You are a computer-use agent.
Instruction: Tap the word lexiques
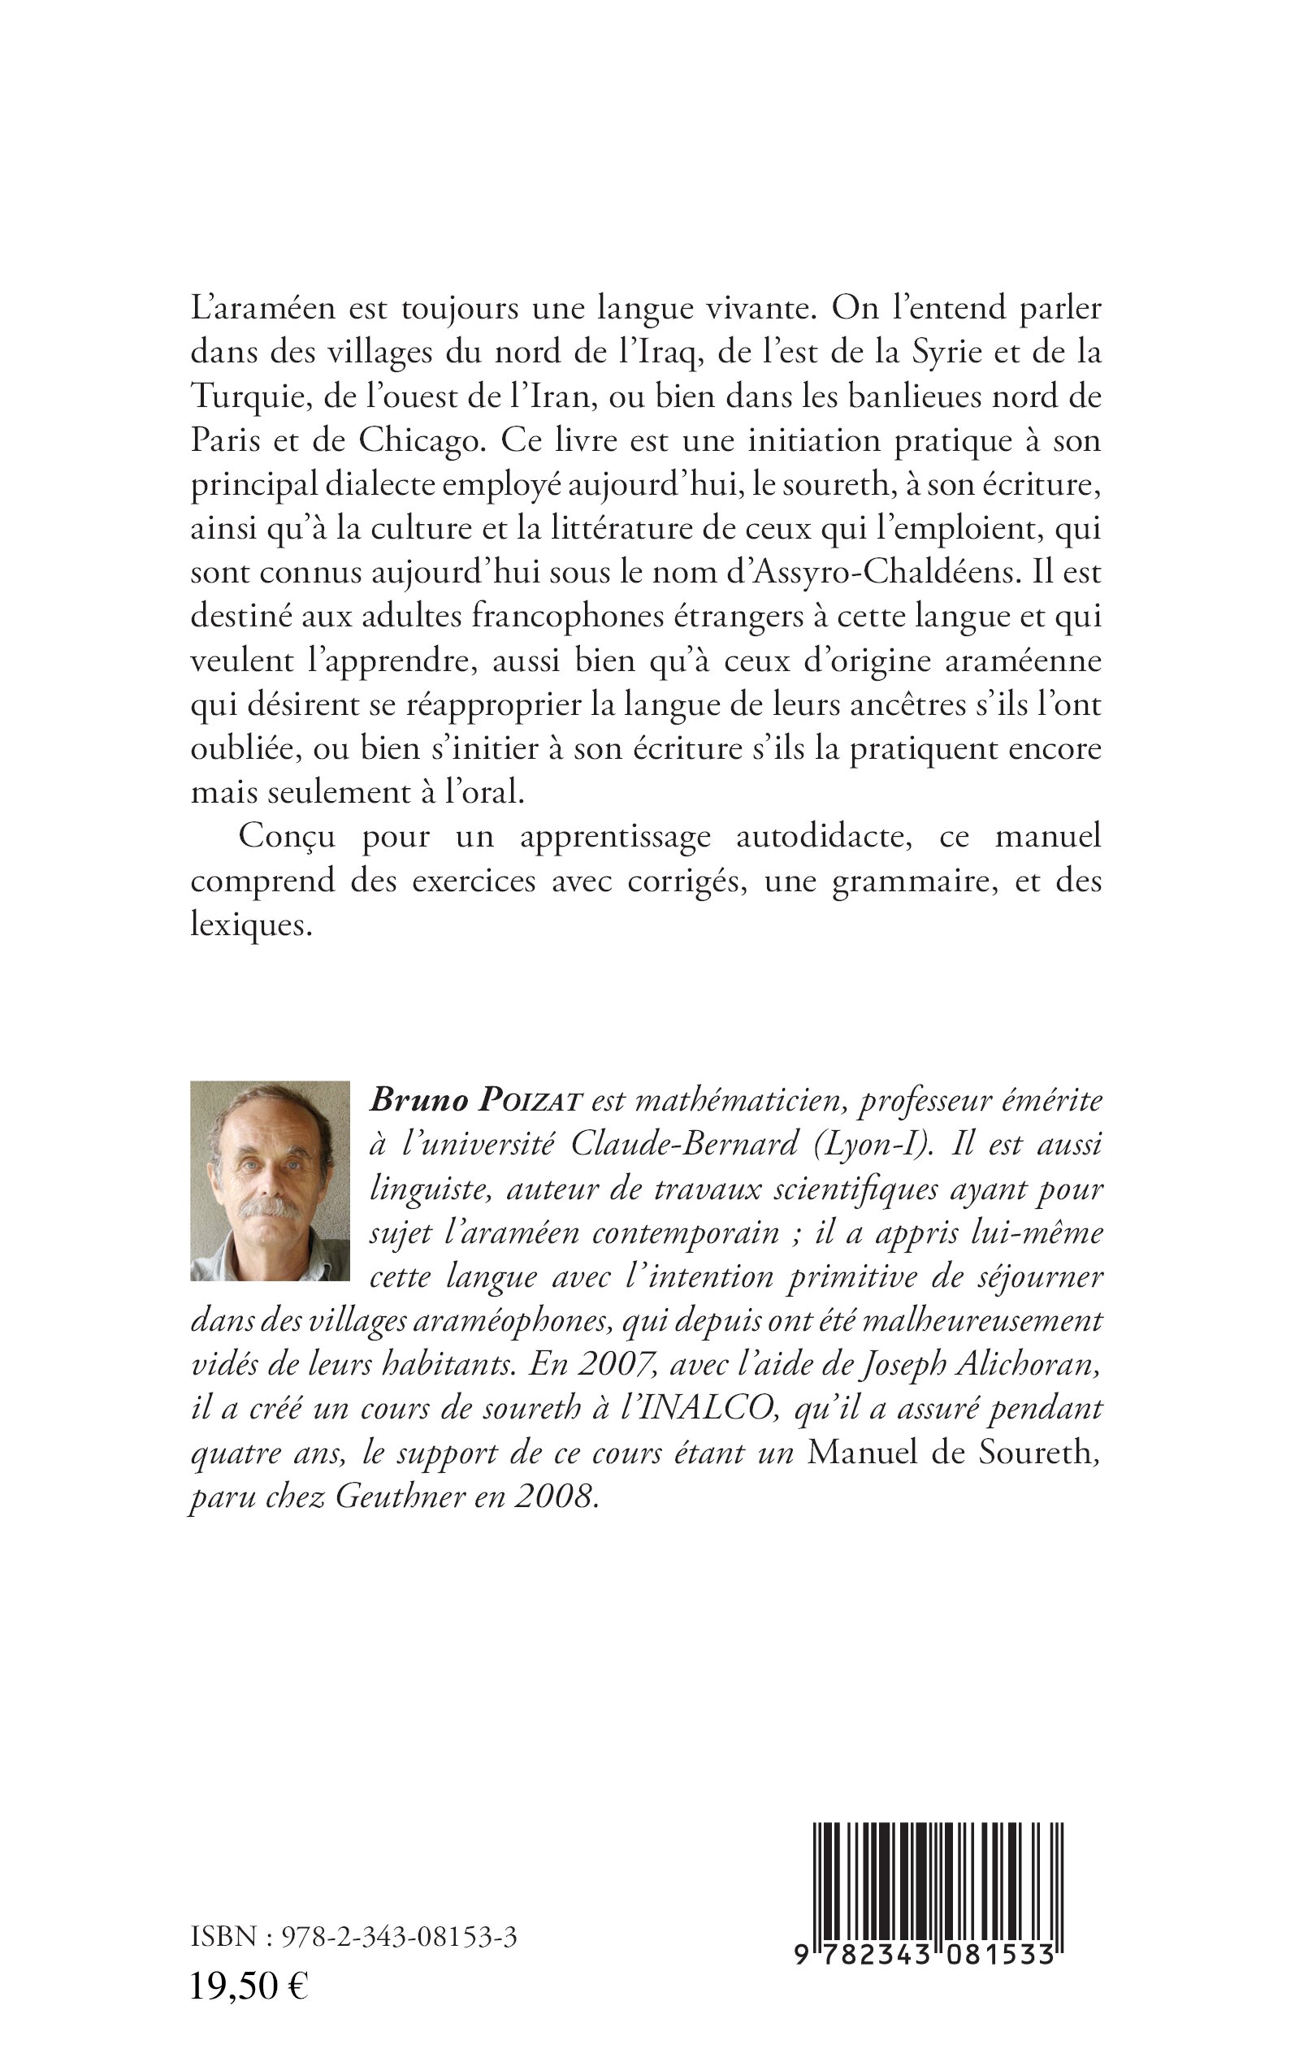click(249, 925)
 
